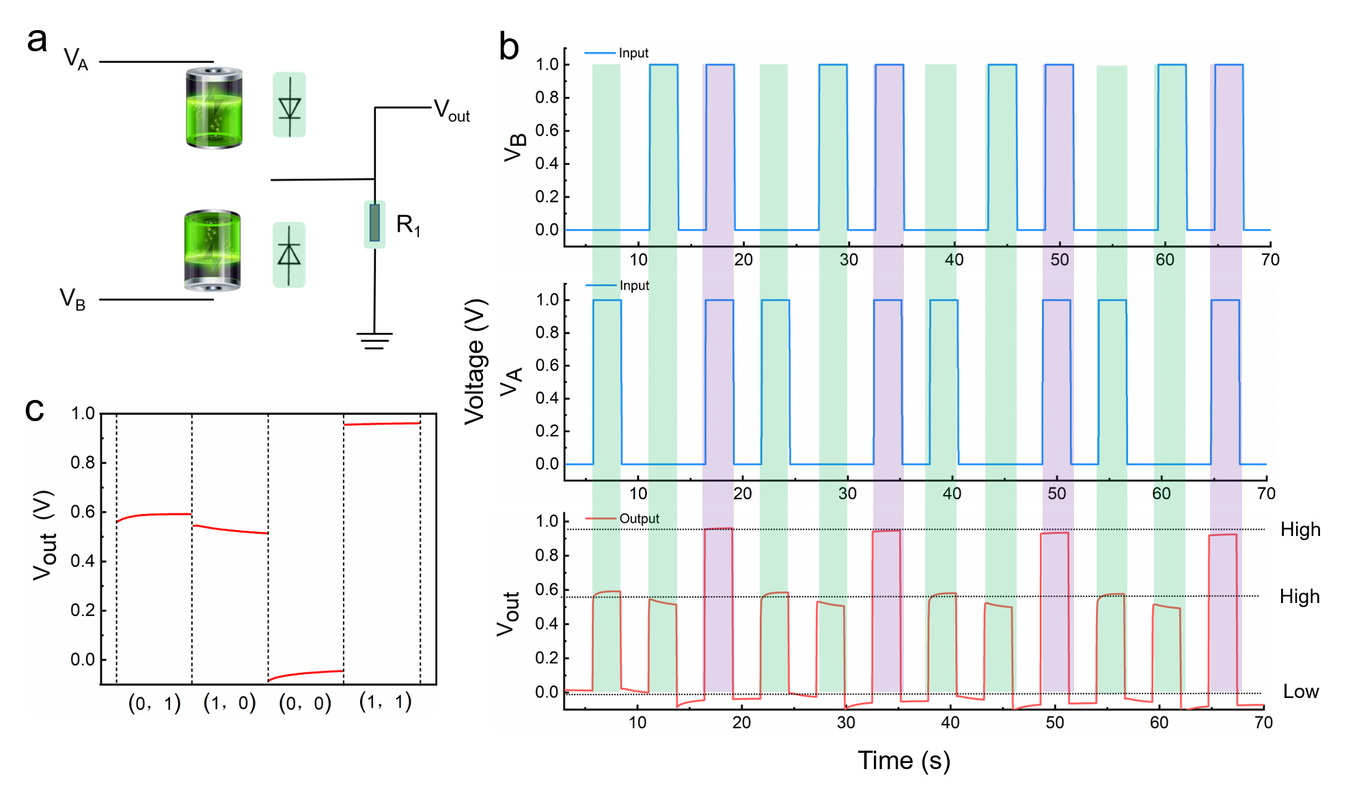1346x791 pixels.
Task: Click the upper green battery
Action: click(x=215, y=108)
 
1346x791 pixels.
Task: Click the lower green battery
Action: click(x=212, y=251)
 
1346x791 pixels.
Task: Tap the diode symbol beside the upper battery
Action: click(x=291, y=105)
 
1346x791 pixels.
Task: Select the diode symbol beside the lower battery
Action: click(x=288, y=256)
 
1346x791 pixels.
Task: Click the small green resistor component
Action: click(x=374, y=224)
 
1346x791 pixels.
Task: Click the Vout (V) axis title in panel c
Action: click(x=43, y=535)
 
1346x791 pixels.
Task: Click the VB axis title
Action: click(x=515, y=148)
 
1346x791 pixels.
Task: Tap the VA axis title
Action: click(x=511, y=381)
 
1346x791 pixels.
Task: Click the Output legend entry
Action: click(x=638, y=519)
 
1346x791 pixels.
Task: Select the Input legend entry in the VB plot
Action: click(x=633, y=53)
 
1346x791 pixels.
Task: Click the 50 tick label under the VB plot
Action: click(x=1059, y=260)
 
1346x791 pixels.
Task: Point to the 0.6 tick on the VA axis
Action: click(x=547, y=365)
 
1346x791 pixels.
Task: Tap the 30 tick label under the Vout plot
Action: click(x=846, y=723)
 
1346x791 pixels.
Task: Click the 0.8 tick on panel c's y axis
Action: click(x=83, y=463)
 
